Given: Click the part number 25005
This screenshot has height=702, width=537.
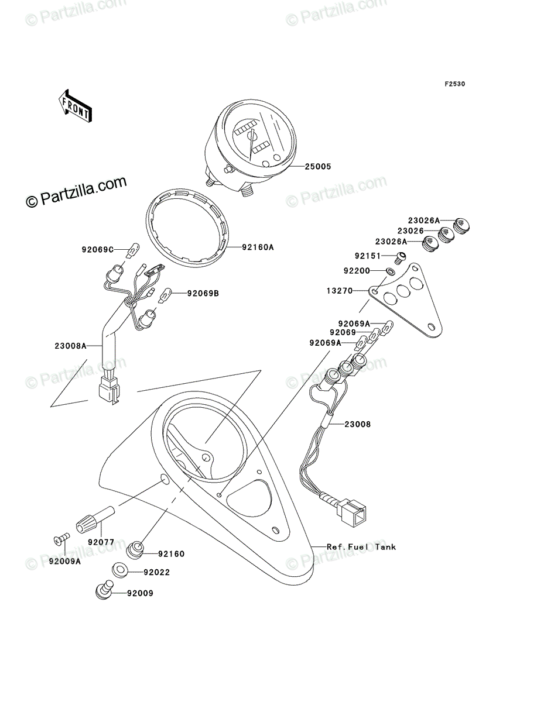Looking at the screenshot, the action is coord(317,167).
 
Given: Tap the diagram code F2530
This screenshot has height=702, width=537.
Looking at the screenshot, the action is coord(454,84).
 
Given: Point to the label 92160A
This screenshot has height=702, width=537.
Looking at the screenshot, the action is coord(258,247).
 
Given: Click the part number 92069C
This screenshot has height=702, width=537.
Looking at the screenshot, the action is coord(98,249).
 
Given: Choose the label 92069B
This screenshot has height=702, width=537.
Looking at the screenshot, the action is coord(203,293).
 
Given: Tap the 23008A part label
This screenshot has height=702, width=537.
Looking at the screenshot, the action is coord(70,346).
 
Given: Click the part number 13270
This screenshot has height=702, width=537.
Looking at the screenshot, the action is coord(340,291).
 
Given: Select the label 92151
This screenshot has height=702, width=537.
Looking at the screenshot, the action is coord(368,256).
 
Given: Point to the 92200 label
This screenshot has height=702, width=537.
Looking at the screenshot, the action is coord(357,271).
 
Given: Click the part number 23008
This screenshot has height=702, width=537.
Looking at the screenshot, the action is coord(357,424).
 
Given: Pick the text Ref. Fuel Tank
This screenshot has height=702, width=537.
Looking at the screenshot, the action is coord(361,547).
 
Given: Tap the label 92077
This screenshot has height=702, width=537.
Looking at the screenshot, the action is coord(101,542).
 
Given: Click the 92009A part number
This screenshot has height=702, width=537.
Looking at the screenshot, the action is coord(64,561).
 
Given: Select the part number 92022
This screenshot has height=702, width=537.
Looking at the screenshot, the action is coord(156,572).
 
